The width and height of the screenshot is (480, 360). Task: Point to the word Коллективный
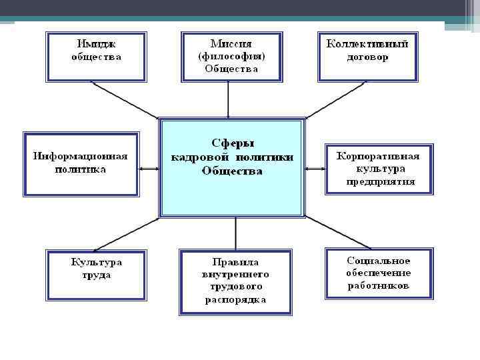tap(367, 43)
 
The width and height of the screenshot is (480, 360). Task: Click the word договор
tap(367, 57)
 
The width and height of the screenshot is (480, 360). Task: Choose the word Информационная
tap(81, 157)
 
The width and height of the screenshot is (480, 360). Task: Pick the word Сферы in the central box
tap(233, 143)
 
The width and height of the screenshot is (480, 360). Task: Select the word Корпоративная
tap(379, 156)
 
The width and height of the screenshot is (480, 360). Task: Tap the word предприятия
tap(380, 181)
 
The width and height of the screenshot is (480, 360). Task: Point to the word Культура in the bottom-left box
tap(97, 262)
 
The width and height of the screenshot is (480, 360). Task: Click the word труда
tap(97, 275)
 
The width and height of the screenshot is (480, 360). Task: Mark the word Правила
tap(235, 261)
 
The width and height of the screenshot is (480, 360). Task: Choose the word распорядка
tap(235, 299)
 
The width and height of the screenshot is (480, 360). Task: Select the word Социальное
tap(379, 261)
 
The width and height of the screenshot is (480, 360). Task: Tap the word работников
tap(379, 286)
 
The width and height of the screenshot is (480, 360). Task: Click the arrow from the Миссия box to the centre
tap(229, 100)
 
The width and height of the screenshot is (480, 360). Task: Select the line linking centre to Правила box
tap(235, 233)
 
